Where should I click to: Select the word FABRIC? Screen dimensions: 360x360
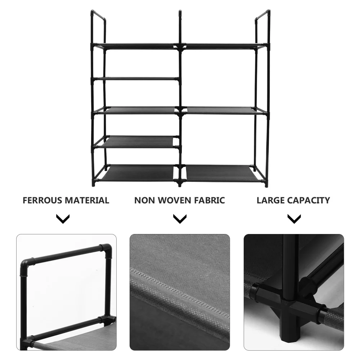coord(209,201)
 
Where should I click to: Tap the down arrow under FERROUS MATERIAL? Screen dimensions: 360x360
coord(63,219)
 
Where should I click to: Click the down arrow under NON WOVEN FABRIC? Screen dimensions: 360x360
coord(180,219)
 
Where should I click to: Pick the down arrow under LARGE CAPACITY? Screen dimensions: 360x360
coord(294,219)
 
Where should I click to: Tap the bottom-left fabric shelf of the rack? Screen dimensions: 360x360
coord(139,173)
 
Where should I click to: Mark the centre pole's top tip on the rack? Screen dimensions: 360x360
coord(180,14)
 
